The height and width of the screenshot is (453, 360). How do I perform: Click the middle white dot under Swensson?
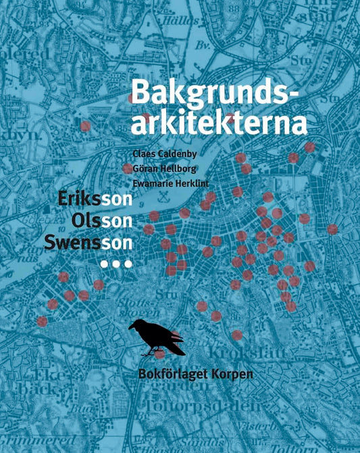(x=116, y=262)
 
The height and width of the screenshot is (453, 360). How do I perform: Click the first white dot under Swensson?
(x=104, y=262)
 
